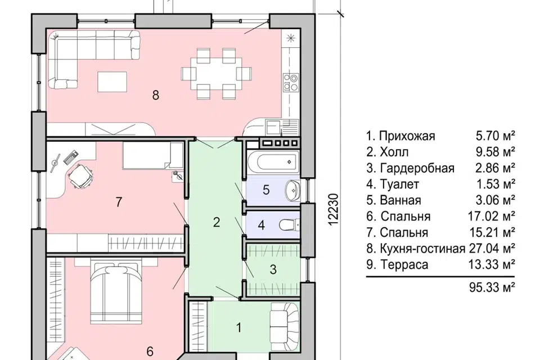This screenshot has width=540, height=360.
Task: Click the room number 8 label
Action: (156, 95)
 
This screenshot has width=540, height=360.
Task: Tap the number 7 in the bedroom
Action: (119, 202)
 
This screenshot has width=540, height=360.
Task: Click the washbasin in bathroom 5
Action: (292, 189)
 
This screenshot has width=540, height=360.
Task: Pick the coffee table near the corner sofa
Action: (112, 82)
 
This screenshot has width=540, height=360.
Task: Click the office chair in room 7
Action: (79, 175)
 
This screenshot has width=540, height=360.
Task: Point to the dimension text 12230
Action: (332, 209)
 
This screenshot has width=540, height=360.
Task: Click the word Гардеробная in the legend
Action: (416, 168)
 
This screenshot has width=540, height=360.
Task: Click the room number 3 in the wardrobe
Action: (273, 269)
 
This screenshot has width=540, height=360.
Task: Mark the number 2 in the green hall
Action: (216, 222)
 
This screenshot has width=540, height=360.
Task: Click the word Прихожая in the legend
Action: (407, 136)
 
